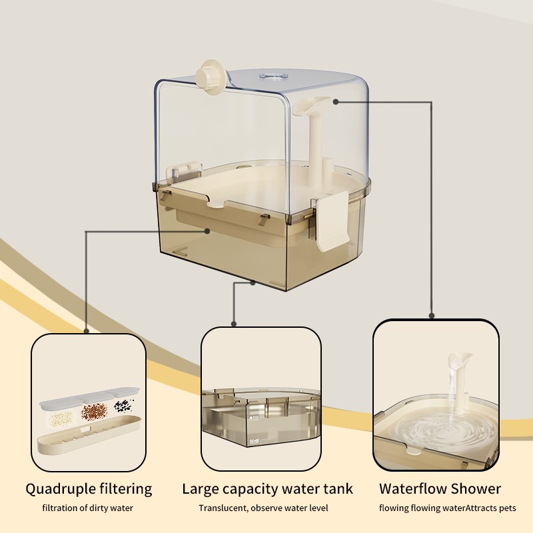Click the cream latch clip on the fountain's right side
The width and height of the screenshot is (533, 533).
coord(331,221)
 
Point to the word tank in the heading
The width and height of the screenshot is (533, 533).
coord(336,489)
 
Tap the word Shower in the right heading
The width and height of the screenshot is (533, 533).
coord(475,489)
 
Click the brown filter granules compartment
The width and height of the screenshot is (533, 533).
coord(93,412)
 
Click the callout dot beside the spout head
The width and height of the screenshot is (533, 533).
coord(336,102)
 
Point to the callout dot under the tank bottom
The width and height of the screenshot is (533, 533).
coord(253,282)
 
